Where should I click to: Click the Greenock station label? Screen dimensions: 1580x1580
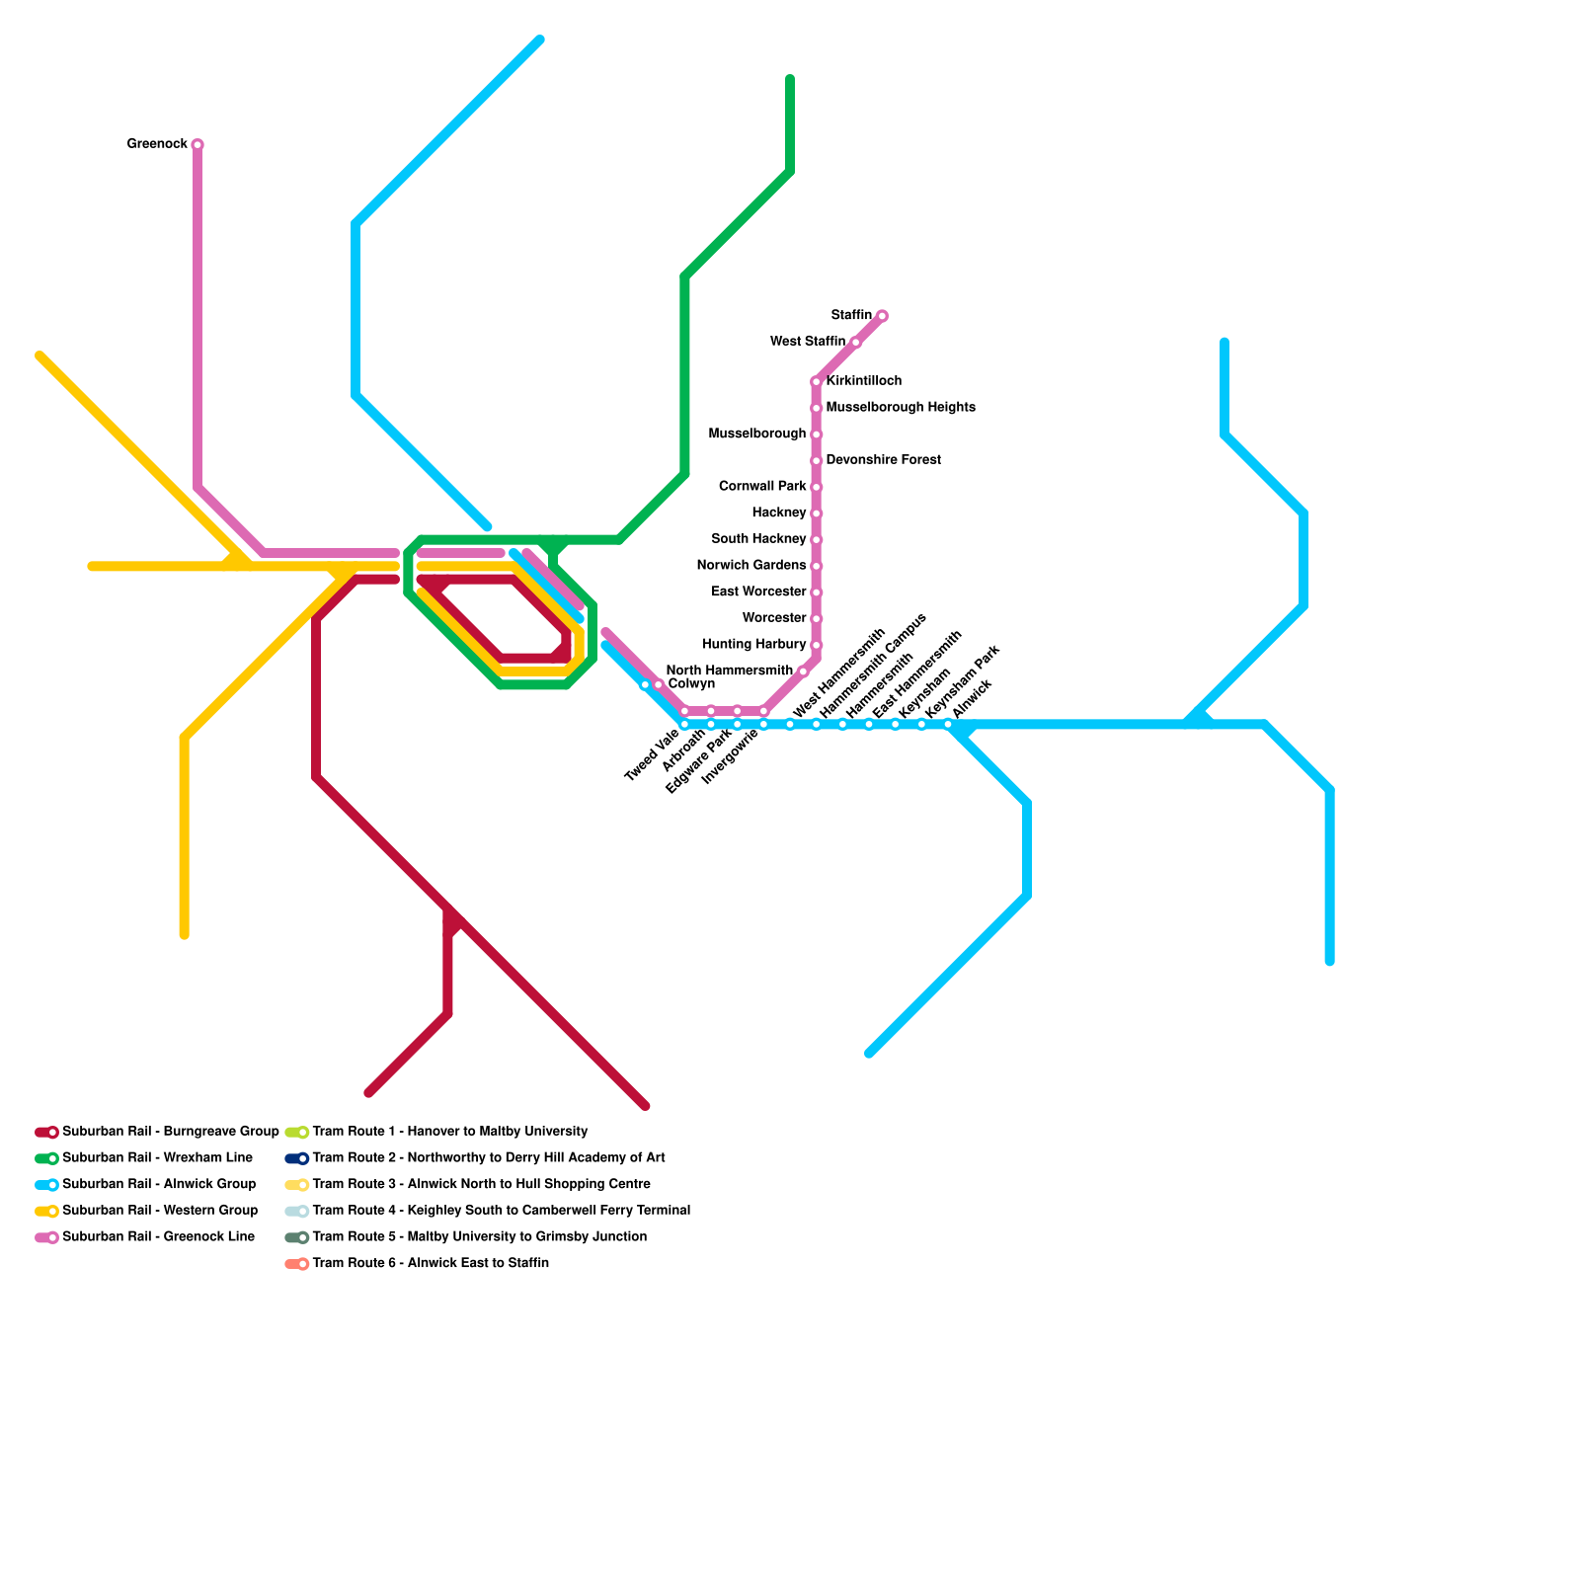tap(157, 144)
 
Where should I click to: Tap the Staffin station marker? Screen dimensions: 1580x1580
tap(882, 316)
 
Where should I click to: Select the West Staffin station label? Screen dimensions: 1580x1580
tap(807, 342)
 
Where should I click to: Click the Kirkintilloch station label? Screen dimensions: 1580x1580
tap(863, 381)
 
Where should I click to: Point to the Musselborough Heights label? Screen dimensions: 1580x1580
tap(900, 407)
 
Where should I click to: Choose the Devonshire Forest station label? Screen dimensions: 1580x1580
tap(883, 460)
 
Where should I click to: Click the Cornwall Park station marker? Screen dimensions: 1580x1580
tap(817, 487)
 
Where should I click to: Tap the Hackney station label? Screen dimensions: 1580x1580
tap(778, 513)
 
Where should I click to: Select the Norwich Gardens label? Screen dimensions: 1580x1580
tap(750, 566)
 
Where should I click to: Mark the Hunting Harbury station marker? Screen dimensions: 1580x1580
tap(817, 645)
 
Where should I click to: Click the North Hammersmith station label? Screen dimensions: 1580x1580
tap(729, 671)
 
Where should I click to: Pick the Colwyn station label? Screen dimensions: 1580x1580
tap(690, 684)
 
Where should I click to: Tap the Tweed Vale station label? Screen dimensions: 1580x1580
tap(652, 756)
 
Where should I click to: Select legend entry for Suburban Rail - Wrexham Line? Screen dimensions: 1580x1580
tap(157, 1157)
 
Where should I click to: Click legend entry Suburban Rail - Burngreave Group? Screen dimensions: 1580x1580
tap(170, 1132)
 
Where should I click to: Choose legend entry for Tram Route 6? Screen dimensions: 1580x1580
tap(430, 1263)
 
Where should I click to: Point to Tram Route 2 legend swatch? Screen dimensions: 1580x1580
tap(296, 1158)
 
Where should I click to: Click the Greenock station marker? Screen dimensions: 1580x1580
tap(197, 145)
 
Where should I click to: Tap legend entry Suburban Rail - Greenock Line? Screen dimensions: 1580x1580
tap(158, 1236)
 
